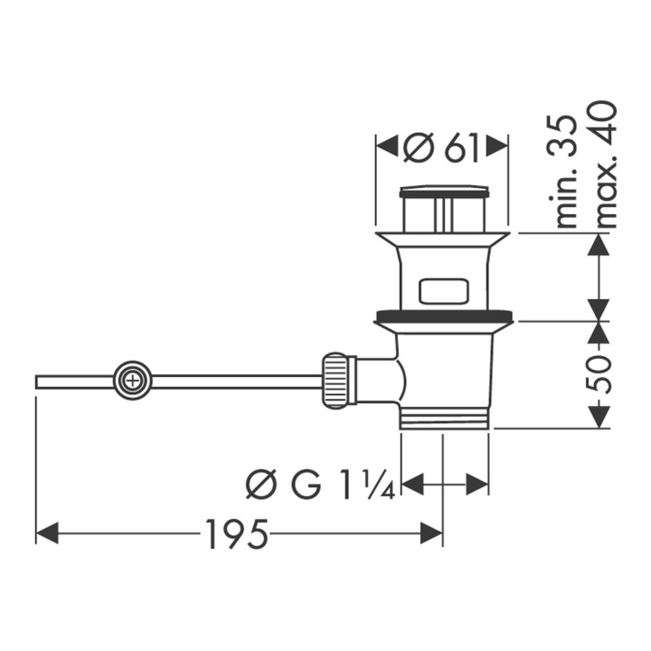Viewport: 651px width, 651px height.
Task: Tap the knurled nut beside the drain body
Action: tap(335, 381)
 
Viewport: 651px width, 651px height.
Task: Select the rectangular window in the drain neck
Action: tap(443, 292)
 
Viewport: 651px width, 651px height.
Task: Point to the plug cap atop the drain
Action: tap(443, 192)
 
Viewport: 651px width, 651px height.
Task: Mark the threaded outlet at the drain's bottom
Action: tap(443, 419)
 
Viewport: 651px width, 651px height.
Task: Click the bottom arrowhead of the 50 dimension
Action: tap(598, 417)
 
